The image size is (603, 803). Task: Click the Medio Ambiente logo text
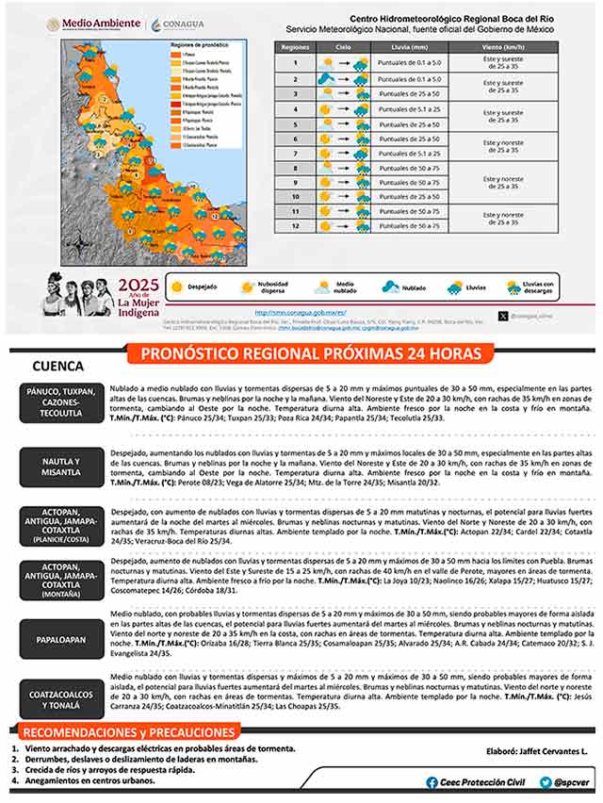click(x=106, y=23)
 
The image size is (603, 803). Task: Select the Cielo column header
click(x=343, y=45)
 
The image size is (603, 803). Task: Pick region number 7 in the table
click(x=295, y=154)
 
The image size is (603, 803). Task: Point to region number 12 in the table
click(x=295, y=225)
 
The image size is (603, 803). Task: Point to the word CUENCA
click(x=57, y=367)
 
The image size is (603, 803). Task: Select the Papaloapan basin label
click(x=60, y=639)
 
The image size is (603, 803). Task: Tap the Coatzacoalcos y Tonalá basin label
click(x=60, y=699)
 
